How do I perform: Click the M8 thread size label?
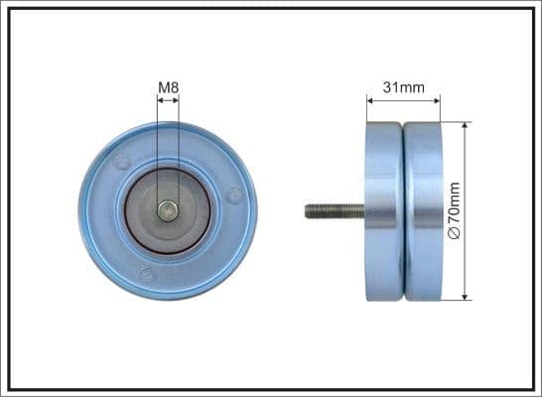coord(169,88)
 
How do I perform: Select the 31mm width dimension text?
coord(403,87)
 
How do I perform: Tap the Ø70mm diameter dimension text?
coord(456,208)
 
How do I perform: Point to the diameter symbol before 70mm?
coord(456,232)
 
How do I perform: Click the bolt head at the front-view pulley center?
coord(169,209)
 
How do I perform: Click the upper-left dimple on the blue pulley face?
coord(122,161)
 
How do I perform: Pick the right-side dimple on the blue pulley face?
coord(233,196)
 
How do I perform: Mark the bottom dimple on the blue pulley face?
coord(147,274)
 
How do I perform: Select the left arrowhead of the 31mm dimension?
coord(370,99)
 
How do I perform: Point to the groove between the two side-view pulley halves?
coord(404,209)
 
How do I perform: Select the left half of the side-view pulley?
coord(385,209)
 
